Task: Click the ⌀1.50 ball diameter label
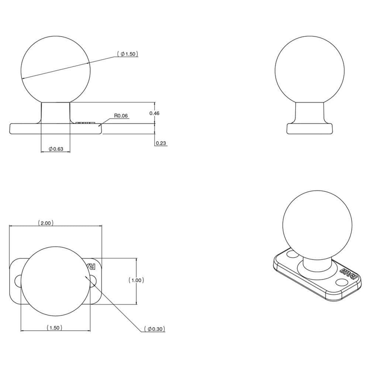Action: coord(127,54)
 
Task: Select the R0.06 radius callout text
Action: coord(121,115)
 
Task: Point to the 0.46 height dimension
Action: coord(154,113)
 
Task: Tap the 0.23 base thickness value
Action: coord(161,143)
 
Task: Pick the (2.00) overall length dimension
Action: coord(46,223)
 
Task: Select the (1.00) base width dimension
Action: coord(136,280)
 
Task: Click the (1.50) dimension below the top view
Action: coord(54,328)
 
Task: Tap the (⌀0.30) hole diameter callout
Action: coord(155,329)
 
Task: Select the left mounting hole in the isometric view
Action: coord(292,254)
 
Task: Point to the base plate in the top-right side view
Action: coord(310,128)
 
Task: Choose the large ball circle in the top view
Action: coord(55,280)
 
